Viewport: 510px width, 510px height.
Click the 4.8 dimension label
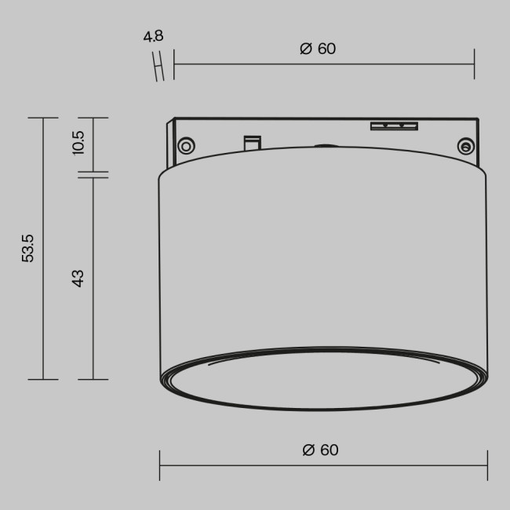click(153, 37)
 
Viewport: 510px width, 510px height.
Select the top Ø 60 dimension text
click(318, 49)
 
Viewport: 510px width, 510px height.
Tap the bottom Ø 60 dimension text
click(320, 450)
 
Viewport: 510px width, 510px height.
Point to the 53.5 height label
click(29, 248)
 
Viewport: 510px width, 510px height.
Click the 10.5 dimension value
click(78, 144)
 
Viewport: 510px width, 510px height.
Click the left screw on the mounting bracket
click(186, 145)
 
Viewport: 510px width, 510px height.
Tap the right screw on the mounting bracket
click(464, 145)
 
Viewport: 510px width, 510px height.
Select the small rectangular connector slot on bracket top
click(394, 126)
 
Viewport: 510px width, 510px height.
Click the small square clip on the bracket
click(252, 143)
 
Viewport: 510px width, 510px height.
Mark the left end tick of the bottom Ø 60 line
click(160, 466)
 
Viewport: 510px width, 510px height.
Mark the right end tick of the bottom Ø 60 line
click(486, 466)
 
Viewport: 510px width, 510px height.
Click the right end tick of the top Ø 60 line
click(475, 64)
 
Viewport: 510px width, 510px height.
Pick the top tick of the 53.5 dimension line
click(43, 118)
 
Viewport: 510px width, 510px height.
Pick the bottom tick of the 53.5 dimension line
click(43, 380)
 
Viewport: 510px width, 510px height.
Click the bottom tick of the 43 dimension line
click(93, 380)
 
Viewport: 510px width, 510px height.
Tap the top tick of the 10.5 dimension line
click(93, 118)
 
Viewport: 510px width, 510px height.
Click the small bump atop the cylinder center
click(324, 145)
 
